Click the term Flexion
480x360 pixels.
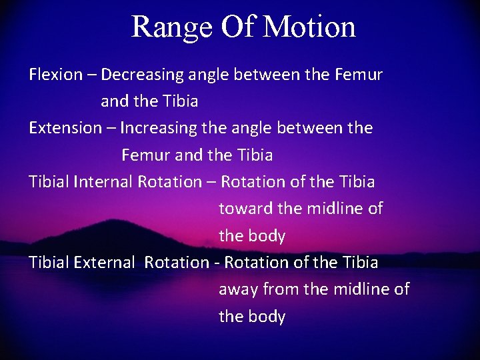pos(55,75)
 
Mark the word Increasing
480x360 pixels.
pos(158,128)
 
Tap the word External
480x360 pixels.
pos(105,263)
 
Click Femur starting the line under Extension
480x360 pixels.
pos(145,155)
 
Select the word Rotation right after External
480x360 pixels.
pos(176,263)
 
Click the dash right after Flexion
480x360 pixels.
pos(91,75)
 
